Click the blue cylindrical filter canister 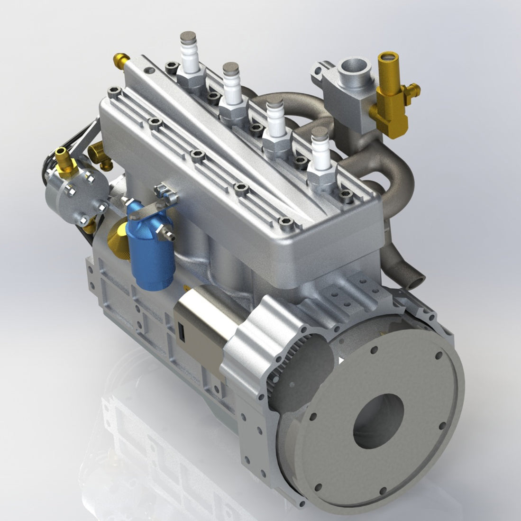151,251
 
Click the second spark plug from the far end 232,88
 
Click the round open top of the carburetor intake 354,66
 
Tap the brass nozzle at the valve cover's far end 120,60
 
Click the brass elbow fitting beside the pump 101,155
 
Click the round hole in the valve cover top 151,71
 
